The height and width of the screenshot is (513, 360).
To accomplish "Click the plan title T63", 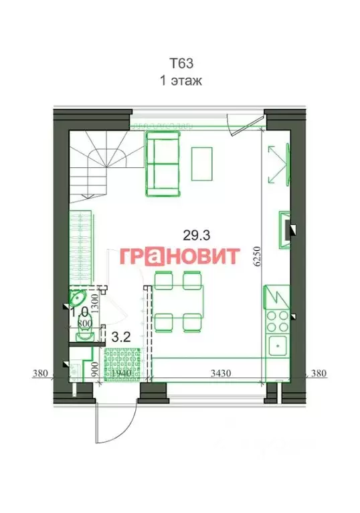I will coord(180,65).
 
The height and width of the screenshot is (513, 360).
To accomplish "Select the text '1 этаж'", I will coord(180,81).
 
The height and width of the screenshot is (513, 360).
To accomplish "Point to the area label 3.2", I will coord(120,338).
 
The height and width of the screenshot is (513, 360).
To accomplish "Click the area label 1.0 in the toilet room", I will coord(80,312).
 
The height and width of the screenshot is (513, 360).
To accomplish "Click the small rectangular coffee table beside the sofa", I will coord(202,161).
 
